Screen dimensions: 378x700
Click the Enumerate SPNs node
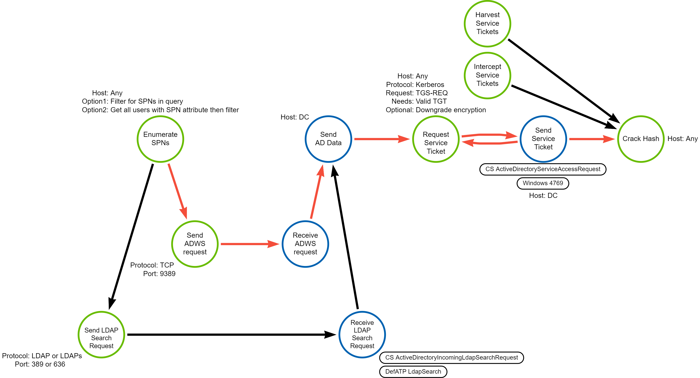coord(160,139)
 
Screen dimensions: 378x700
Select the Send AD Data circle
coord(328,139)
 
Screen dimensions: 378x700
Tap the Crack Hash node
coord(641,139)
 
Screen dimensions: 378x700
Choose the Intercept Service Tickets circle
coord(487,75)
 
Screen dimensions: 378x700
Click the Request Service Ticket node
coord(436,139)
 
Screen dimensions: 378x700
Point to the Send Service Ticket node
coord(543,139)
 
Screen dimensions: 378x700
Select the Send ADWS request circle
coord(195,244)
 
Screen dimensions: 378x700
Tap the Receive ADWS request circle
coord(305,244)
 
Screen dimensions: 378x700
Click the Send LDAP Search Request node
coord(101,335)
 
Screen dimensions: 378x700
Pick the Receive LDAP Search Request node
coord(362,335)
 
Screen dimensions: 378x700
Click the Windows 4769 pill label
coord(543,183)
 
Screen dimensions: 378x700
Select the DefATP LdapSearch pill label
coord(413,371)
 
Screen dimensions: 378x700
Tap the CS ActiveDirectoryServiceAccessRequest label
coord(543,169)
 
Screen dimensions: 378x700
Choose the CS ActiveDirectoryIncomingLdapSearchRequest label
coord(451,357)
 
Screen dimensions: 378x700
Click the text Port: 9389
coord(159,274)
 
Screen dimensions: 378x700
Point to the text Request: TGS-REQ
coord(417,93)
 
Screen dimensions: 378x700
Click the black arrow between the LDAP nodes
coord(231,335)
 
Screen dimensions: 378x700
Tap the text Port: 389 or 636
coord(40,364)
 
